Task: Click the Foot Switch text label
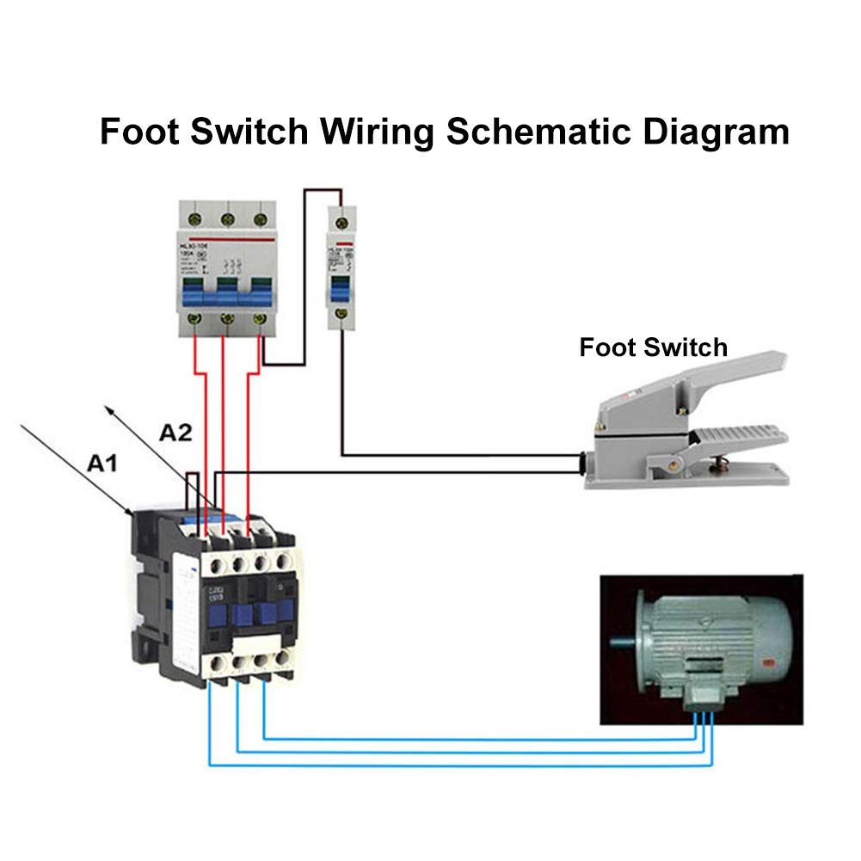point(653,347)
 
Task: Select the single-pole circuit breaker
point(341,266)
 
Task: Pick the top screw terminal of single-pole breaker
point(341,223)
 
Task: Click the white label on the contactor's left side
point(184,593)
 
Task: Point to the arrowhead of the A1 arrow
point(130,514)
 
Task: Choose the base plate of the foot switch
point(688,478)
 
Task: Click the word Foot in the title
point(138,132)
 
